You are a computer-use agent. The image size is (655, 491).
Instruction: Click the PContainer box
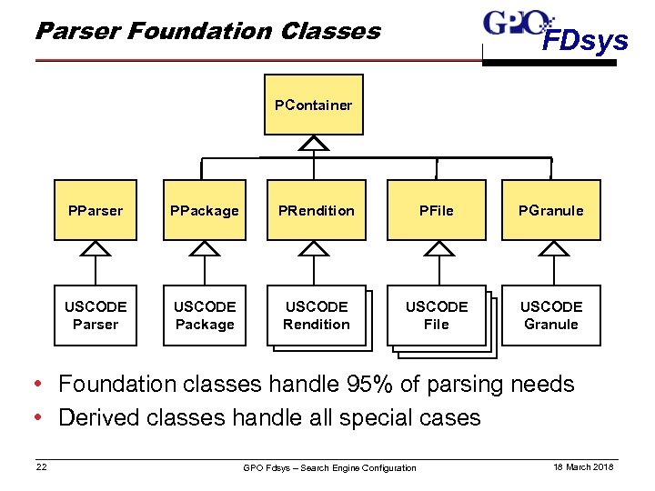point(314,105)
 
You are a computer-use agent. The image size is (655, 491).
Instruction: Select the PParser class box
point(96,210)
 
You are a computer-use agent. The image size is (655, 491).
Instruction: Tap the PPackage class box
point(205,210)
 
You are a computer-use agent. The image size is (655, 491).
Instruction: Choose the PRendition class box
point(316,210)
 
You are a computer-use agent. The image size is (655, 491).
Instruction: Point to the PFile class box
point(437,210)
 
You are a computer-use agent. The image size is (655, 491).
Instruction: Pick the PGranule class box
point(551,210)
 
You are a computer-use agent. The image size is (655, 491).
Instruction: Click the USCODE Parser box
point(96,316)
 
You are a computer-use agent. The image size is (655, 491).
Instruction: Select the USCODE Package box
point(205,316)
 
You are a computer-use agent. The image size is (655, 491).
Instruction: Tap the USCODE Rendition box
point(316,316)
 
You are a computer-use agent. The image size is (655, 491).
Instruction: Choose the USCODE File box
point(437,316)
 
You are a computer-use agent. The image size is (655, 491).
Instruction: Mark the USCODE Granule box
point(551,316)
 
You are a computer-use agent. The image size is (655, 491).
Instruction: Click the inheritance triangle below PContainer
point(314,143)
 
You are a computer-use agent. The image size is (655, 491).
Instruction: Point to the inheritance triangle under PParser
point(96,248)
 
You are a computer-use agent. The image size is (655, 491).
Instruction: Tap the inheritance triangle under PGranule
point(551,248)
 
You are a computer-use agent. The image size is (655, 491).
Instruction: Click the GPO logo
point(518,22)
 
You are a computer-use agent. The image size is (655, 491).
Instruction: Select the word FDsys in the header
point(585,41)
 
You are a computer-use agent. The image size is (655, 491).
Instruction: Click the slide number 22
point(42,466)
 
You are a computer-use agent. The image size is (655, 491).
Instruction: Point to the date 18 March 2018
point(583,466)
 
